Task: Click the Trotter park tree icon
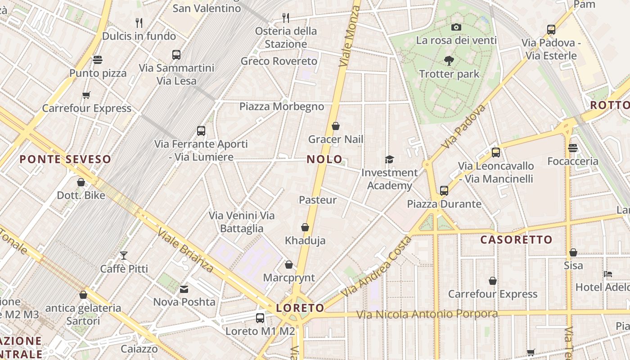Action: pyautogui.click(x=449, y=61)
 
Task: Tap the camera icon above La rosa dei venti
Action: pyautogui.click(x=456, y=27)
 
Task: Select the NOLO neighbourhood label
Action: pyautogui.click(x=324, y=159)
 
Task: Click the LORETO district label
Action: pyautogui.click(x=300, y=308)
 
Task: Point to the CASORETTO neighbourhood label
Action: pyautogui.click(x=516, y=240)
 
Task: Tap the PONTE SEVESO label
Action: pyautogui.click(x=65, y=159)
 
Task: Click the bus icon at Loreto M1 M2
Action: pyautogui.click(x=260, y=318)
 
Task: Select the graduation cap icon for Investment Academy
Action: pyautogui.click(x=389, y=160)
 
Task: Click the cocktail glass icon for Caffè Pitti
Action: pyautogui.click(x=124, y=256)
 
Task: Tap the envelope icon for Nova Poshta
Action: pyautogui.click(x=184, y=289)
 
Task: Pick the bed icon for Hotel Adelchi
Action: pyautogui.click(x=608, y=274)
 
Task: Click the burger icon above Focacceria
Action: pyautogui.click(x=573, y=148)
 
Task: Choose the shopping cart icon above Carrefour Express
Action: pyautogui.click(x=86, y=95)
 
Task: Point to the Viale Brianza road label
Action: pyautogui.click(x=185, y=250)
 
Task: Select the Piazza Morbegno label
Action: pyautogui.click(x=281, y=107)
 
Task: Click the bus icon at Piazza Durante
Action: pyautogui.click(x=444, y=191)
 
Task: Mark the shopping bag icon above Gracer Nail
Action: pyautogui.click(x=335, y=126)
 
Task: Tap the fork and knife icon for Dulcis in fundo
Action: pyautogui.click(x=139, y=22)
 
